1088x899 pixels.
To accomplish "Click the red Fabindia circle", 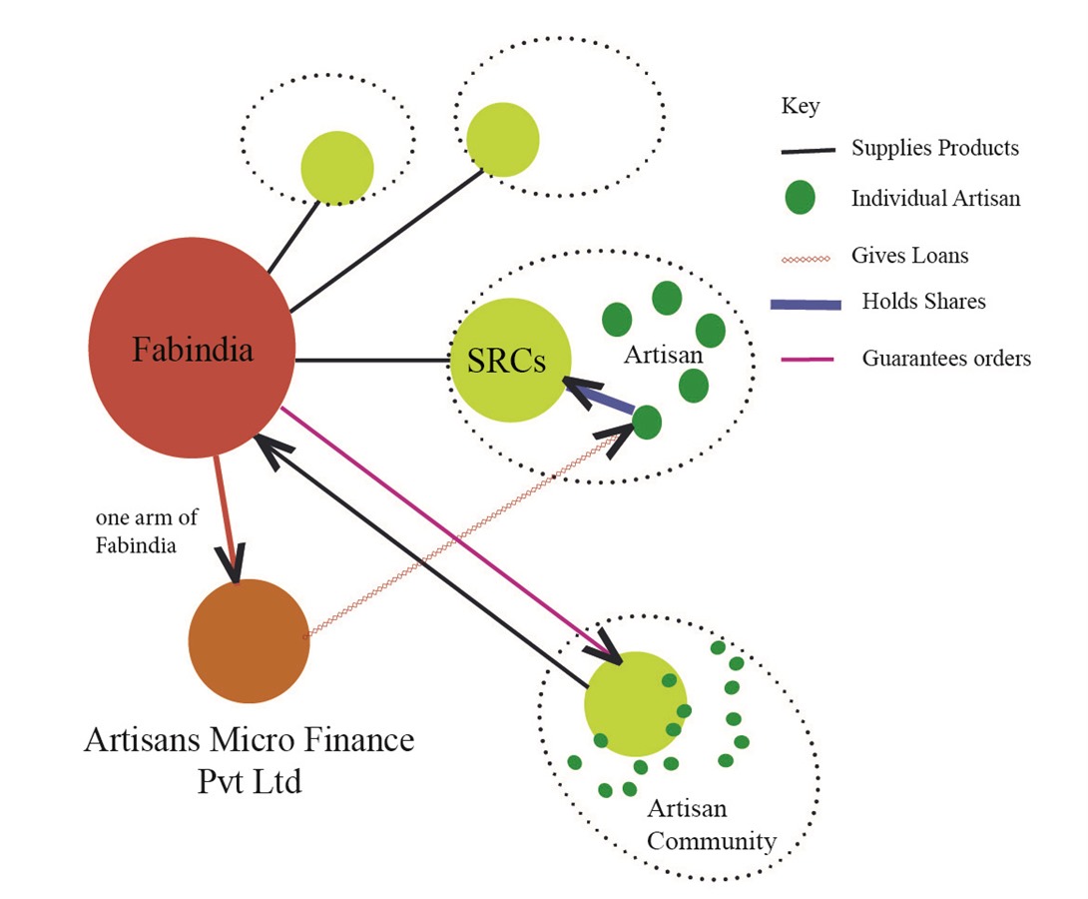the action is pyautogui.click(x=193, y=348).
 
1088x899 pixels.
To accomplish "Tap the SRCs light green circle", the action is pyautogui.click(x=510, y=360).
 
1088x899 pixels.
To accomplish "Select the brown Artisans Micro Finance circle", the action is pyautogui.click(x=249, y=640).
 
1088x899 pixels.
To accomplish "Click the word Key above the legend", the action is pyautogui.click(x=801, y=106).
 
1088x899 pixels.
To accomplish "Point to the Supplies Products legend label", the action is pyautogui.click(x=934, y=147).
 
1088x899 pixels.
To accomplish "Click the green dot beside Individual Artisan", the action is pyautogui.click(x=800, y=197).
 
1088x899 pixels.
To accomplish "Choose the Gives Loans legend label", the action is pyautogui.click(x=909, y=255).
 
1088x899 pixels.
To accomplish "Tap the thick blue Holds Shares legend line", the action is pyautogui.click(x=806, y=304).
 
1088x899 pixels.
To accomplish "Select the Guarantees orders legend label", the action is pyautogui.click(x=946, y=359).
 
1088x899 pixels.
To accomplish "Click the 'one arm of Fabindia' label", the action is pyautogui.click(x=147, y=531).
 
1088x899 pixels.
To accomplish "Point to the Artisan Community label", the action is pyautogui.click(x=712, y=825).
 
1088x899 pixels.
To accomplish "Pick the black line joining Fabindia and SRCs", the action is pyautogui.click(x=372, y=361).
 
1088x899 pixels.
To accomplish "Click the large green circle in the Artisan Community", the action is pyautogui.click(x=636, y=703).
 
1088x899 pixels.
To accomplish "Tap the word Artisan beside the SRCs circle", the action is pyautogui.click(x=664, y=355).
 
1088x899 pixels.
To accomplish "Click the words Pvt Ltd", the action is pyautogui.click(x=250, y=782).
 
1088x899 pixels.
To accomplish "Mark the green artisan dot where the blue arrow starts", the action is pyautogui.click(x=647, y=423).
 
